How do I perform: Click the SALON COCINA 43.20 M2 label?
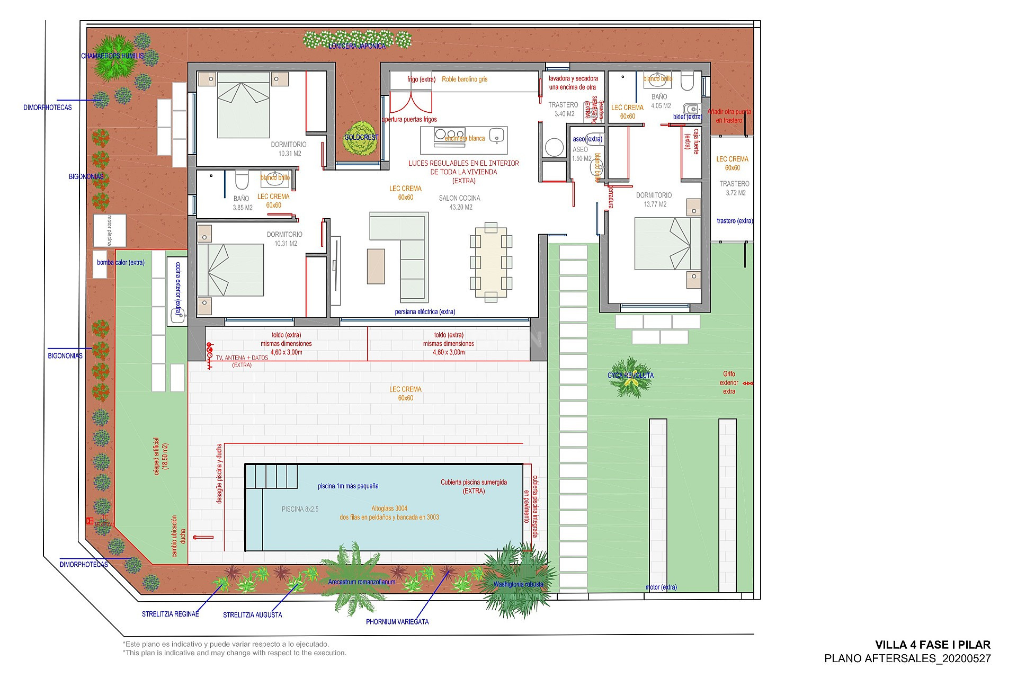pos(459,202)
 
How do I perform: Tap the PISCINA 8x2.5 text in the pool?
pos(300,509)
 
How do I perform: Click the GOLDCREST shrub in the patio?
pos(362,138)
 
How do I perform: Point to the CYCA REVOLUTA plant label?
pos(630,376)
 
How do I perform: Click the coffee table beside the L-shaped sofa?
pos(376,266)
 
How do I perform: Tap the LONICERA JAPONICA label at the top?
pos(357,46)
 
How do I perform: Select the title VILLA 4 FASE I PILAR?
pos(932,645)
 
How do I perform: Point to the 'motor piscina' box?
pos(110,230)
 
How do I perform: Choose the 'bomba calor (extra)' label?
pos(120,262)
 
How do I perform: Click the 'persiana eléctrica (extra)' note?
pos(425,311)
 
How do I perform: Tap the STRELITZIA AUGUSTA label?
pos(252,615)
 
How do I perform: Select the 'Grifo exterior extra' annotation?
pos(729,382)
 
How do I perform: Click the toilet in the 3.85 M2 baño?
pos(242,180)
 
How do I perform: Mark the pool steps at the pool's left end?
pos(271,476)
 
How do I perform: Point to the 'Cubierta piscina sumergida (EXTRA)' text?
pos(474,486)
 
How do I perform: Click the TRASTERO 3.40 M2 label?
pos(563,109)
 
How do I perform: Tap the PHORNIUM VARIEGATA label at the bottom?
pos(397,621)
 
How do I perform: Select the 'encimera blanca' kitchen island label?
pos(465,139)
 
